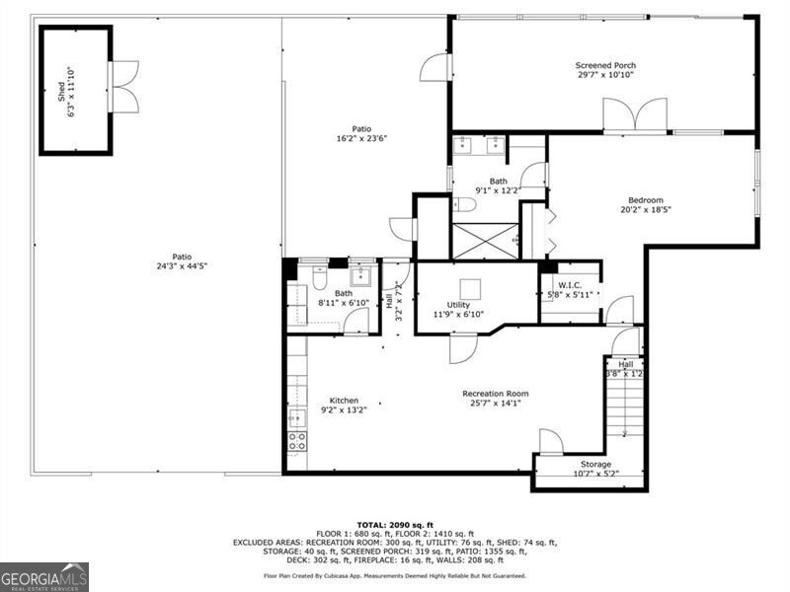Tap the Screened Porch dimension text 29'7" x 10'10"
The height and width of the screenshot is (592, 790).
pyautogui.click(x=605, y=75)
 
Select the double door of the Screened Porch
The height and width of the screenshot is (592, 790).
pyautogui.click(x=635, y=114)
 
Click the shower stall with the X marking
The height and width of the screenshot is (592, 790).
pyautogui.click(x=484, y=241)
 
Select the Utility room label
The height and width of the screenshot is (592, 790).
pyautogui.click(x=458, y=305)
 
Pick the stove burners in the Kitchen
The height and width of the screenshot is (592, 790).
pyautogui.click(x=296, y=440)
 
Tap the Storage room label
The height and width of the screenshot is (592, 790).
pyautogui.click(x=595, y=464)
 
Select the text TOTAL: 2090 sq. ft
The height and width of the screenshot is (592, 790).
pyautogui.click(x=394, y=524)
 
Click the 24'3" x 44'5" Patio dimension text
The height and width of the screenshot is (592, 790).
pyautogui.click(x=181, y=266)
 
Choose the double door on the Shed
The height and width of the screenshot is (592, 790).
pyautogui.click(x=124, y=87)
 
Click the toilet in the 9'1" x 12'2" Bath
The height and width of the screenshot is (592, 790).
pyautogui.click(x=465, y=205)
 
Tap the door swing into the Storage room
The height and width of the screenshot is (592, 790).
pyautogui.click(x=550, y=442)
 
